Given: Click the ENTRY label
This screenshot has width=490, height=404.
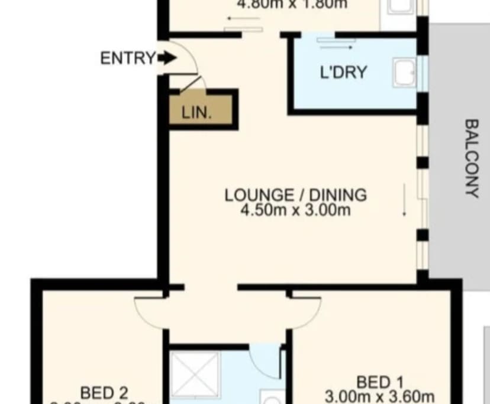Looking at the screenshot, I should coord(128,58).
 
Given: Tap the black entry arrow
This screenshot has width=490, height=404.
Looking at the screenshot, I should coord(167,58).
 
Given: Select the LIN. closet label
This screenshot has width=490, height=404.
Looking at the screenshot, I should coord(196,113).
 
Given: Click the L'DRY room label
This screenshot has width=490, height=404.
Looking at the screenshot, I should coord(343,73).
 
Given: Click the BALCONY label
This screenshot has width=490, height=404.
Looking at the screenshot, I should coord(471,158).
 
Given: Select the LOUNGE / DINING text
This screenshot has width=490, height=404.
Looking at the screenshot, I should coord(295,194).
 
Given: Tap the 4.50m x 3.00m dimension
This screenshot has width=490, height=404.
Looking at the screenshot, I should coord(295,210).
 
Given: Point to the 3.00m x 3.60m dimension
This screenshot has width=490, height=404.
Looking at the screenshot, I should coord(380,396).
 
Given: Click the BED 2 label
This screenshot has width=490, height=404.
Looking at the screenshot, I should coord(104,392).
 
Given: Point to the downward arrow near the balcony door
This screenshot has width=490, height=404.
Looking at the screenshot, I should coord(405,201).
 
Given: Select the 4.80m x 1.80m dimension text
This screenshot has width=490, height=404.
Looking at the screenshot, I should coord(292,4).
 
